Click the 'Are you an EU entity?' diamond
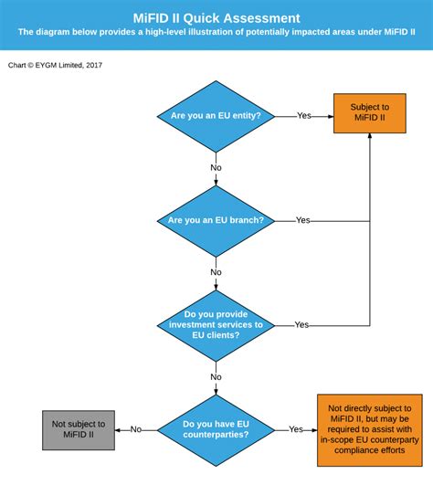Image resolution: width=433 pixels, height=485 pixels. [216, 117]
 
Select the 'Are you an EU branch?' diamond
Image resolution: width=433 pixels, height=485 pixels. [216, 221]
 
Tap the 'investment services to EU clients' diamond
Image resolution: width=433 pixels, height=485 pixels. [216, 326]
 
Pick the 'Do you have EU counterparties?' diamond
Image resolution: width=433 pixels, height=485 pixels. [216, 430]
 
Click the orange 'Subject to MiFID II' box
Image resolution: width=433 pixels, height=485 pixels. [370, 113]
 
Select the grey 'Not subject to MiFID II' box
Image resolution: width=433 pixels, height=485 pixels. [79, 430]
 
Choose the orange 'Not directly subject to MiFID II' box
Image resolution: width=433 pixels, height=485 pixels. [370, 430]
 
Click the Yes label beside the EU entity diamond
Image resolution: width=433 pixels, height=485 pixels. [304, 116]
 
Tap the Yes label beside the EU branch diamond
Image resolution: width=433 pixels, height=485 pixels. [302, 220]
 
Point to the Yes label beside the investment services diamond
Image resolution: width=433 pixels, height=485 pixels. [301, 325]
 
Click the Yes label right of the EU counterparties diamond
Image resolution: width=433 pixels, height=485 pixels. [296, 429]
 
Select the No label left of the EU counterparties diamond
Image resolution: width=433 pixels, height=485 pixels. [136, 429]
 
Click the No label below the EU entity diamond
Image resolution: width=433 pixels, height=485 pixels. [216, 168]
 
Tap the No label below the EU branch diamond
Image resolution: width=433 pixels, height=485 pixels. [216, 272]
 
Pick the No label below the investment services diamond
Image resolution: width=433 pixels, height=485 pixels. [216, 377]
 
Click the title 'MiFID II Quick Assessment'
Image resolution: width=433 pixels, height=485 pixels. [216, 18]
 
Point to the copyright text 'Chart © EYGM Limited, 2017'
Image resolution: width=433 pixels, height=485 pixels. [55, 65]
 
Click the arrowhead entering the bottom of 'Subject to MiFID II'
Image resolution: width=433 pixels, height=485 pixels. [370, 135]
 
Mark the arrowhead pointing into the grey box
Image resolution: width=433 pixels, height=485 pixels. [117, 430]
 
